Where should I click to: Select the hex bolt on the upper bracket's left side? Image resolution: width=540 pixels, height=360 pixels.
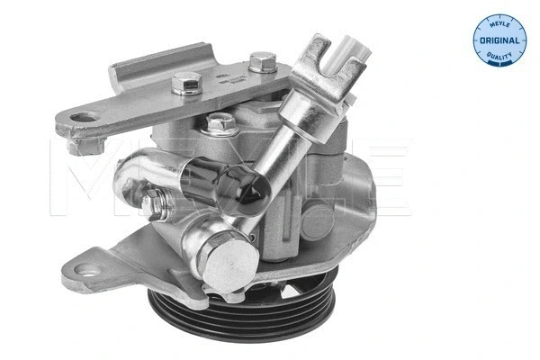(185, 87)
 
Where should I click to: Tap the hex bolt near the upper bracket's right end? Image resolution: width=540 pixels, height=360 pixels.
(262, 63)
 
